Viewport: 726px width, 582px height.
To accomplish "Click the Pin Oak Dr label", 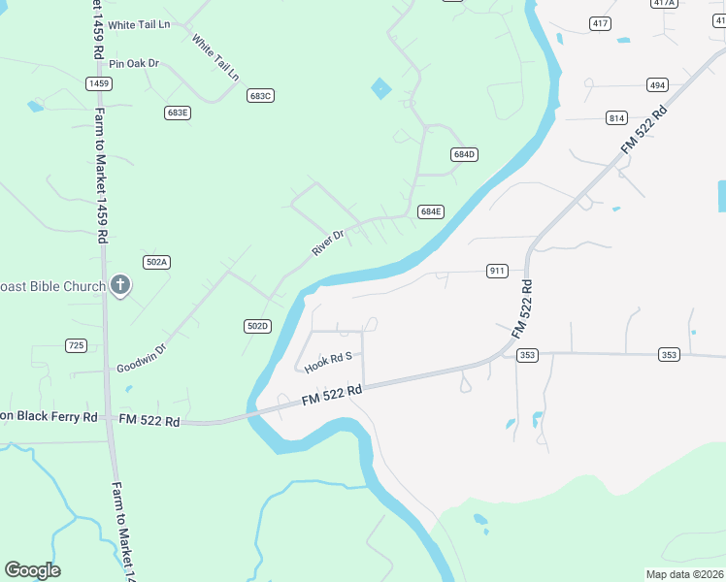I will pyautogui.click(x=134, y=64).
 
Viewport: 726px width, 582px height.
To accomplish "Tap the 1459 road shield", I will pyautogui.click(x=98, y=84).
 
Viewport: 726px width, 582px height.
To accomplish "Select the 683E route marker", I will pyautogui.click(x=177, y=113).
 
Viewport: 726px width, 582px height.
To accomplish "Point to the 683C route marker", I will pyautogui.click(x=260, y=95).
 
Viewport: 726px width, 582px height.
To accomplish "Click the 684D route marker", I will pyautogui.click(x=465, y=155).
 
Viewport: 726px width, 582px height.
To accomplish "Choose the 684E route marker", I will pyautogui.click(x=431, y=211).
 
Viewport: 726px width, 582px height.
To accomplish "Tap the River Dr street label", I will pyautogui.click(x=328, y=242).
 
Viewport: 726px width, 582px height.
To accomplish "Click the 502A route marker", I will pyautogui.click(x=156, y=262).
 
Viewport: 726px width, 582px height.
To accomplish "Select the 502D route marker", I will pyautogui.click(x=257, y=326).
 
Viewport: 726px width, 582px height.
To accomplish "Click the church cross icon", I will pyautogui.click(x=120, y=285).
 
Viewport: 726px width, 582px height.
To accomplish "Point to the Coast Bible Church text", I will pyautogui.click(x=52, y=286).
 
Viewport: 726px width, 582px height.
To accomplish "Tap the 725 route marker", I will pyautogui.click(x=76, y=345).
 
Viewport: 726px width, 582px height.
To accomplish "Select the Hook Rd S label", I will pyautogui.click(x=327, y=364).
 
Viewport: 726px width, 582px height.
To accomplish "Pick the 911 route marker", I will pyautogui.click(x=497, y=271).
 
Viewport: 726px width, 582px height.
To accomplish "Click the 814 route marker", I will pyautogui.click(x=616, y=118).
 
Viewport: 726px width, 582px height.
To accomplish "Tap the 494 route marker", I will pyautogui.click(x=658, y=85).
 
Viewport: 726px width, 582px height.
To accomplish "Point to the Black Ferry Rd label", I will pyautogui.click(x=49, y=416).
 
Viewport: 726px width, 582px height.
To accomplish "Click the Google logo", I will pyautogui.click(x=32, y=570).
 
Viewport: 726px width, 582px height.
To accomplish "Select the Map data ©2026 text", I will pyautogui.click(x=684, y=574).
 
